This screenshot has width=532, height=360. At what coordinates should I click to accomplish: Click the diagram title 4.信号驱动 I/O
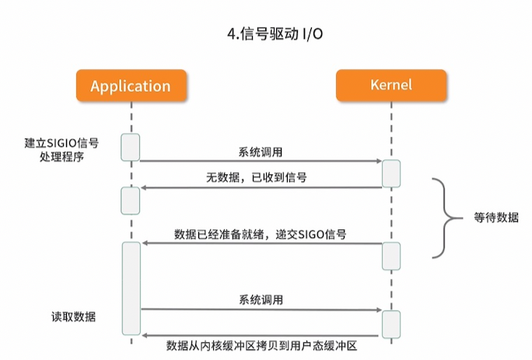[265, 34]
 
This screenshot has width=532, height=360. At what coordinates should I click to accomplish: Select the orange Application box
[130, 86]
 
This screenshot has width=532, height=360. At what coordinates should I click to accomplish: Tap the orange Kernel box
[391, 86]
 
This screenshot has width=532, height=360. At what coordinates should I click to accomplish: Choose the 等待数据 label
[496, 218]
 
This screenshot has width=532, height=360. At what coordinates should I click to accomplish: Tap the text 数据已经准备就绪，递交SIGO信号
[261, 233]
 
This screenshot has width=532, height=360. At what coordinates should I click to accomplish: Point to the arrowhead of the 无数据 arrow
[144, 187]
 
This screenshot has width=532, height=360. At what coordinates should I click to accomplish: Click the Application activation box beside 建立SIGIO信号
[130, 147]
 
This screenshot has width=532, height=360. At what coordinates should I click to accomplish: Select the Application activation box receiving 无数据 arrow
[130, 201]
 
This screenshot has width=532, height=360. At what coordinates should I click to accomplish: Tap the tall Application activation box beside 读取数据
[130, 288]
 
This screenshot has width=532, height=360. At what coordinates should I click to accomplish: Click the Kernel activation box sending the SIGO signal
[391, 255]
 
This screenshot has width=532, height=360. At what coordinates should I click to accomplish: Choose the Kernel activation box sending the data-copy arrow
[391, 323]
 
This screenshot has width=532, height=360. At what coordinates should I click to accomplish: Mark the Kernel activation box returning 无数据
[391, 173]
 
